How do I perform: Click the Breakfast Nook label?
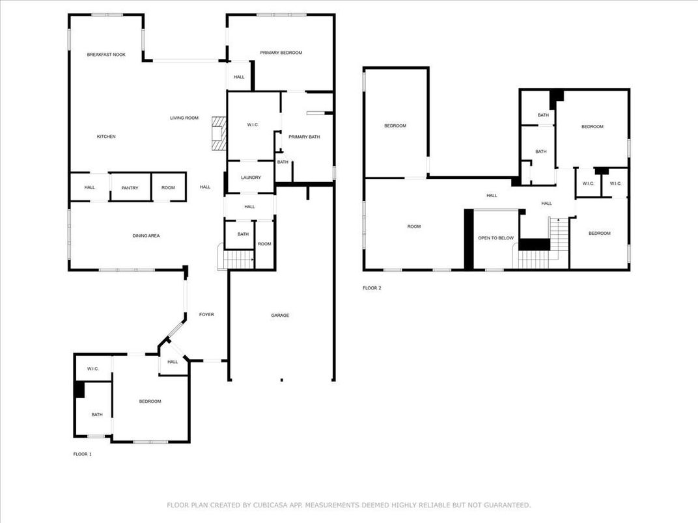pyautogui.click(x=106, y=55)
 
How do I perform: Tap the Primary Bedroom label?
pyautogui.click(x=281, y=53)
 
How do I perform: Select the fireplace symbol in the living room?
pyautogui.click(x=219, y=133)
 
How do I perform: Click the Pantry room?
pyautogui.click(x=130, y=187)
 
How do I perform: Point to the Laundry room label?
pyautogui.click(x=251, y=178)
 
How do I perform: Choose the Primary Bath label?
pyautogui.click(x=304, y=137)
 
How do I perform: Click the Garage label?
pyautogui.click(x=280, y=315)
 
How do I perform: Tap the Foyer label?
pyautogui.click(x=206, y=314)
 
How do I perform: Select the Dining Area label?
pyautogui.click(x=146, y=235)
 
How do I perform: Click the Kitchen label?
pyautogui.click(x=106, y=137)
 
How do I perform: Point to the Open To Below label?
pyautogui.click(x=496, y=238)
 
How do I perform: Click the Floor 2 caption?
pyautogui.click(x=372, y=288)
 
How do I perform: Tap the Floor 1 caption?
pyautogui.click(x=82, y=454)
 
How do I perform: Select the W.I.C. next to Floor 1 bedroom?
pyautogui.click(x=93, y=369)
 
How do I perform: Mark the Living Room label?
pyautogui.click(x=184, y=118)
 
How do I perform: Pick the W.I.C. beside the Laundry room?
pyautogui.click(x=253, y=124)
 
